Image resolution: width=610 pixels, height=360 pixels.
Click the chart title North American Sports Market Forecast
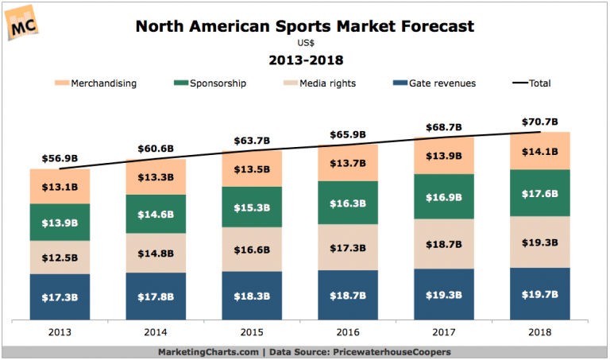click(x=305, y=26)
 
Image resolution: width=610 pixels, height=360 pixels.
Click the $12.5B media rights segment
click(x=60, y=257)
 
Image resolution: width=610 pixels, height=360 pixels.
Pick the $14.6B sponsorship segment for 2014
click(x=156, y=214)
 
